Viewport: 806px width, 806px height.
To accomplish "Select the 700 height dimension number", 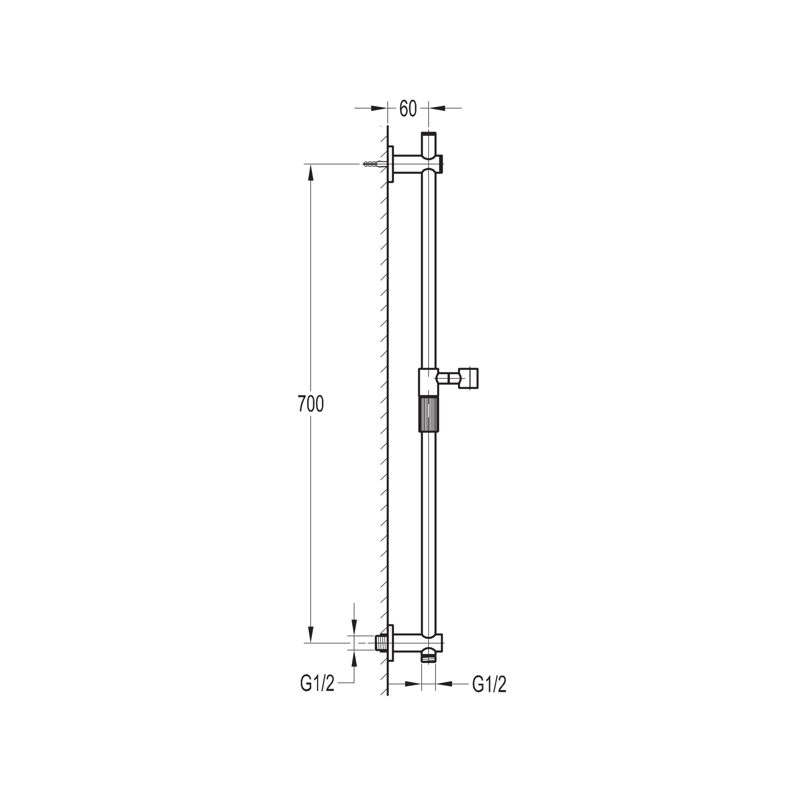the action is pyautogui.click(x=311, y=404).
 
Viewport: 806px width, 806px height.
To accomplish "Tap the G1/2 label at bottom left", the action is pyautogui.click(x=317, y=695).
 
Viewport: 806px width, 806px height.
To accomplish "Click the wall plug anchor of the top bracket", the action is pyautogui.click(x=374, y=164).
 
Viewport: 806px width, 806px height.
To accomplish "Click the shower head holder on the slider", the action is pyautogui.click(x=468, y=378).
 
